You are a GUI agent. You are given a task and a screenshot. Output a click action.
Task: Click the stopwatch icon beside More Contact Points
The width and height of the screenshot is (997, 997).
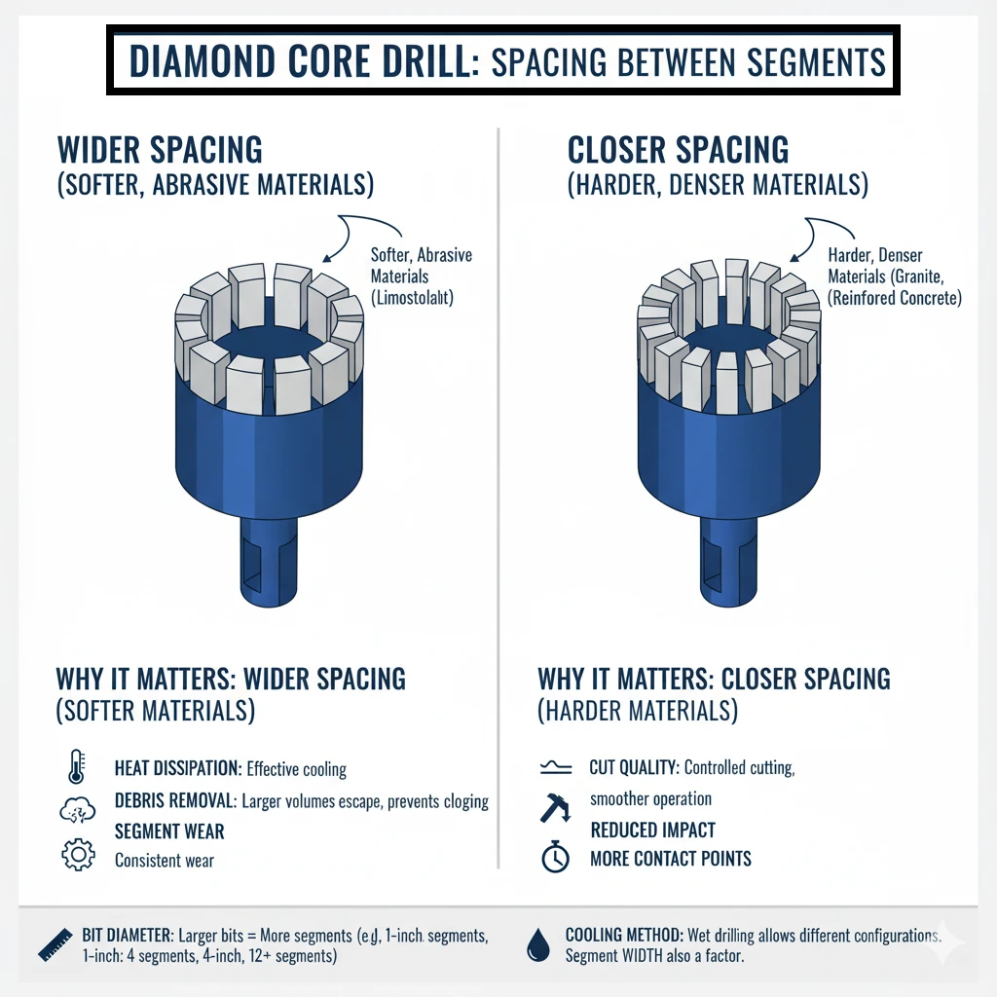[555, 858]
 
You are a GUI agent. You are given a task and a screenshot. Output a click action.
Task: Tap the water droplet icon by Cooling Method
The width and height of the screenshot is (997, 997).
[536, 943]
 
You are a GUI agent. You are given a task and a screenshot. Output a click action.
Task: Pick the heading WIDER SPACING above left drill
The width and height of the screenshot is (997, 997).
[161, 150]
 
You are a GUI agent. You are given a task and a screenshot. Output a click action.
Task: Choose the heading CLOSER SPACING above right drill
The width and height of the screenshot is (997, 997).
[678, 150]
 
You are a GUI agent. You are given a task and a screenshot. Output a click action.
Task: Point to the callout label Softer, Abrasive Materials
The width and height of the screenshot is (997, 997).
[422, 265]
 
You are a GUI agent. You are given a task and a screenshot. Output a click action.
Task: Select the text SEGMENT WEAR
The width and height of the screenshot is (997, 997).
[169, 831]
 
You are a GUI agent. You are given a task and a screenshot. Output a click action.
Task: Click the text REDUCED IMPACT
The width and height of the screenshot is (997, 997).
[652, 831]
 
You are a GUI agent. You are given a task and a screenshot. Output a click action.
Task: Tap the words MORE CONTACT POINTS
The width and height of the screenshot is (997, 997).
[671, 859]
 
